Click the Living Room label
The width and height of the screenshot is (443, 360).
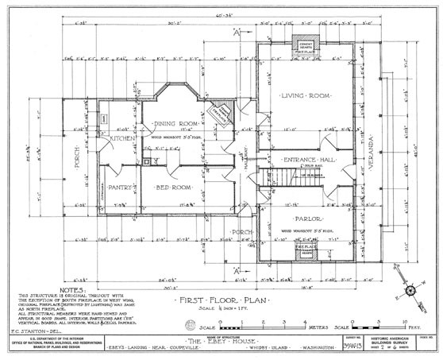[x=303, y=95]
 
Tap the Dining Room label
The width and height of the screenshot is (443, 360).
[x=176, y=124]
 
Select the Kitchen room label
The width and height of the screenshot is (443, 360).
[x=124, y=138]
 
